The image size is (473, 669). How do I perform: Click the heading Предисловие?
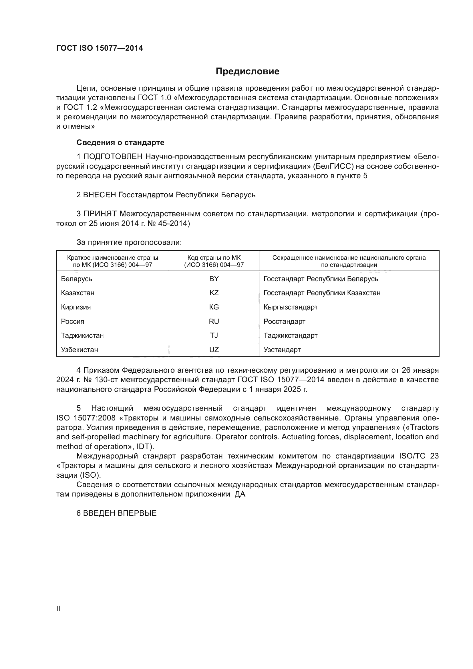pos(247,72)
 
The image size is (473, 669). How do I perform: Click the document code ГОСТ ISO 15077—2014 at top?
pos(100,48)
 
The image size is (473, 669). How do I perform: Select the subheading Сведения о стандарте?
pos(120,142)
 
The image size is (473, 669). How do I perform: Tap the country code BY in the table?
pos(214,279)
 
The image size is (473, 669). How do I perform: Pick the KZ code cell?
pos(214,293)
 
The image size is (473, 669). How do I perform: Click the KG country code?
pos(214,307)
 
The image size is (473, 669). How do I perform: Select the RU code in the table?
pos(214,321)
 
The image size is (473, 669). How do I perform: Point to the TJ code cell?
pos(214,336)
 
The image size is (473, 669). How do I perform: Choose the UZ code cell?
pos(214,350)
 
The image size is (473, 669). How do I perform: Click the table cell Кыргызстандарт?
pos(290,307)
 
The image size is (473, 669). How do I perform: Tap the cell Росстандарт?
pos(284,321)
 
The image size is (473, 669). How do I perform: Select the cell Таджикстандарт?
pos(290,336)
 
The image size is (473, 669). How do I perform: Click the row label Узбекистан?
pos(80,350)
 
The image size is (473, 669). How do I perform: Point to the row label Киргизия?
pos(76,307)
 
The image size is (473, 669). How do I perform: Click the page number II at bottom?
pos(58,609)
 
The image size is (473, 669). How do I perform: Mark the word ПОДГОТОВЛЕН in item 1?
pos(113,157)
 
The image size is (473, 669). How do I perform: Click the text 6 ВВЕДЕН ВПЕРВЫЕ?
pos(116,521)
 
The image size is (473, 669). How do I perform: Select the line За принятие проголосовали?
pos(129,242)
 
